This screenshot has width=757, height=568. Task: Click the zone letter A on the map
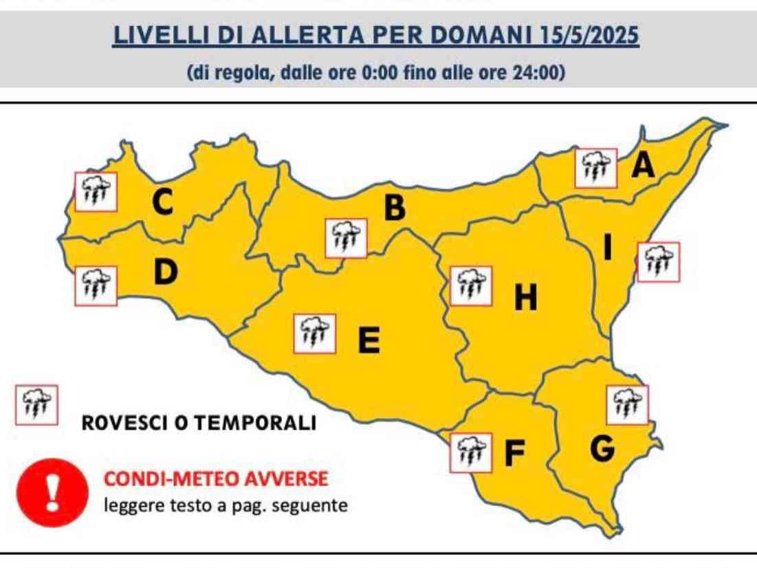pyautogui.click(x=643, y=166)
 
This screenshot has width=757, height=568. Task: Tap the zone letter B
pyautogui.click(x=394, y=209)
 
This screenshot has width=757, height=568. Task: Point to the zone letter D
pyautogui.click(x=165, y=273)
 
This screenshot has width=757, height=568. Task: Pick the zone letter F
pyautogui.click(x=514, y=453)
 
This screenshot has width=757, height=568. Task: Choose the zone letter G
pyautogui.click(x=602, y=449)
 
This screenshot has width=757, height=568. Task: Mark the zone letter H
pyautogui.click(x=526, y=298)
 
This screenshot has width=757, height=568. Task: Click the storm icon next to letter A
pyautogui.click(x=596, y=167)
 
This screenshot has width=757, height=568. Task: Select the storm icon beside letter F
pyautogui.click(x=471, y=452)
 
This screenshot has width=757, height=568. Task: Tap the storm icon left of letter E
pyautogui.click(x=314, y=334)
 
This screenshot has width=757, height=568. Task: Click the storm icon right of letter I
pyautogui.click(x=659, y=262)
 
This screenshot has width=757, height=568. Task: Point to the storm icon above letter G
pyautogui.click(x=627, y=405)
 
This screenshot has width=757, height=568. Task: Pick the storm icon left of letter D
pyautogui.click(x=96, y=285)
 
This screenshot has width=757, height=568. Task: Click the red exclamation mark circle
pyautogui.click(x=52, y=490)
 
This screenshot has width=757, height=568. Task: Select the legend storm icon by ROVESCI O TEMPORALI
pyautogui.click(x=36, y=405)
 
